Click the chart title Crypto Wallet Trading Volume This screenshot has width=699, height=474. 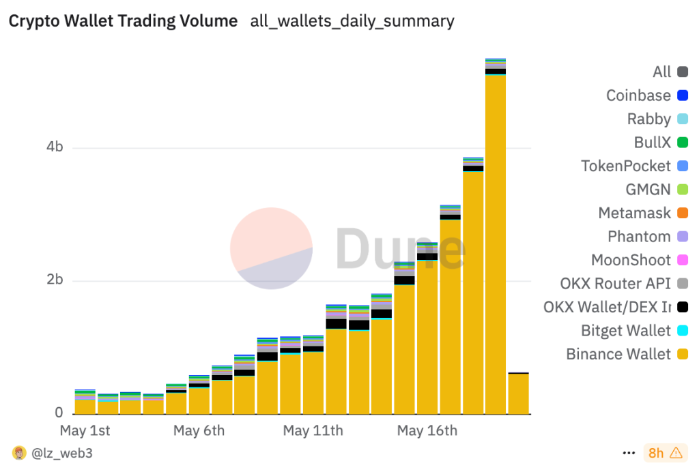[x=123, y=21]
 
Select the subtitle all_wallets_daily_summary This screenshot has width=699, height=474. [x=352, y=21]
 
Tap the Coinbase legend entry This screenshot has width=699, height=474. [x=638, y=95]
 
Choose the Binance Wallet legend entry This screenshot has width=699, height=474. [x=618, y=354]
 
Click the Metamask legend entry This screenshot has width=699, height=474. [x=634, y=213]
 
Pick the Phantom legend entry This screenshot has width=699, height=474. [x=639, y=237]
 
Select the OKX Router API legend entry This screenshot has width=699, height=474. [x=615, y=284]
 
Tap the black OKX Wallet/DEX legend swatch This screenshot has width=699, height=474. [x=683, y=307]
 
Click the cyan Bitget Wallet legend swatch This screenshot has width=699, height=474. [x=683, y=331]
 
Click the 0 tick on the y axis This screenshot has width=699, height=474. [x=59, y=413]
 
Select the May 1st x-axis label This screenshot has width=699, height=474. [x=85, y=431]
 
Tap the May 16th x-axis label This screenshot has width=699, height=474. [x=427, y=431]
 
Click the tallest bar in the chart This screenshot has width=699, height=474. [x=496, y=239]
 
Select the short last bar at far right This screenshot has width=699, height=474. [x=518, y=394]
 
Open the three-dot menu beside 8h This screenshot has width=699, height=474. [x=629, y=453]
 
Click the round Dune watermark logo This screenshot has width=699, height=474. [x=271, y=248]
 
